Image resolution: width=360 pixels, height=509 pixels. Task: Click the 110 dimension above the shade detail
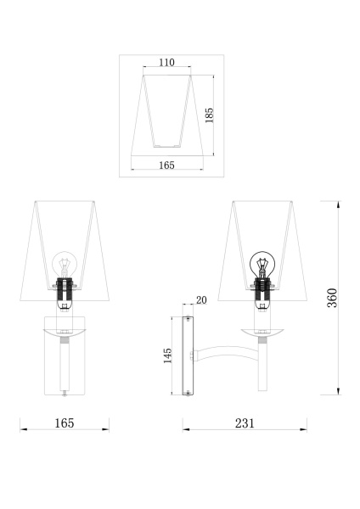pyautogui.click(x=166, y=63)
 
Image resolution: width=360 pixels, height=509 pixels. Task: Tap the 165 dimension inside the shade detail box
pyautogui.click(x=166, y=165)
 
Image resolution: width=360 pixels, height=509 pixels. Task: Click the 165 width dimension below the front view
pyautogui.click(x=65, y=422)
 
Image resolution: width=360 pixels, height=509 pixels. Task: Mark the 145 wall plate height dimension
pyautogui.click(x=167, y=354)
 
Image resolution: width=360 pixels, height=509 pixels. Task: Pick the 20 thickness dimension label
pyautogui.click(x=201, y=299)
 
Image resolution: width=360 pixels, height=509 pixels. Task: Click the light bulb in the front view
pyautogui.click(x=65, y=264)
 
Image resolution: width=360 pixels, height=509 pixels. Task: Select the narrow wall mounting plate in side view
pyautogui.click(x=189, y=355)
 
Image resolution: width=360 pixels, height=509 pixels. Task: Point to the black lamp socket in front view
pyautogui.click(x=65, y=288)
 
